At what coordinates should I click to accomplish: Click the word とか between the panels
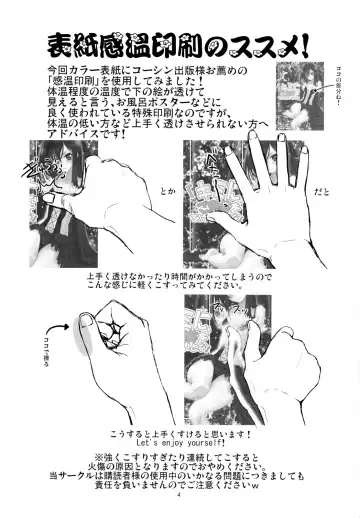[x=171, y=215]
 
